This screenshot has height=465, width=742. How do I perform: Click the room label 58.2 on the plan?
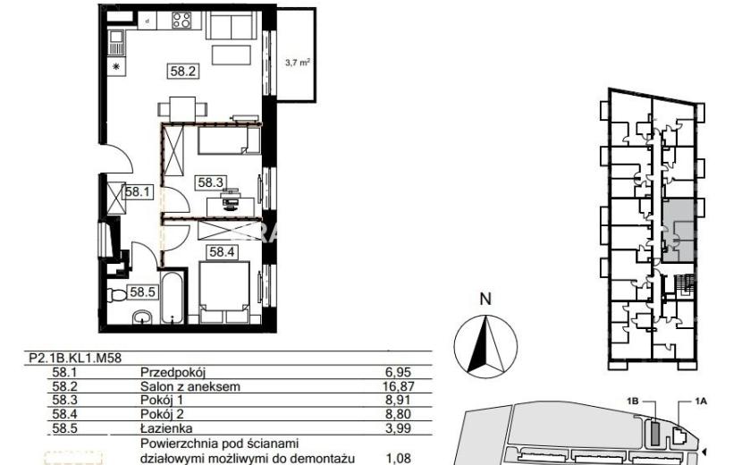click(x=183, y=72)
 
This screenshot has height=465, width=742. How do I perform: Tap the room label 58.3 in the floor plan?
click(x=210, y=182)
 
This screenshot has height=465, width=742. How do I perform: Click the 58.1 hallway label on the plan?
click(x=138, y=191)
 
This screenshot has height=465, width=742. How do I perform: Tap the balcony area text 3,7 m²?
click(x=298, y=62)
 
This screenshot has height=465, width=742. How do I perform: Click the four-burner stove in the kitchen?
click(x=181, y=20)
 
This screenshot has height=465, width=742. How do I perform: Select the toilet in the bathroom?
click(x=116, y=295)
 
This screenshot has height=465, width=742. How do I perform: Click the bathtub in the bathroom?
click(x=173, y=297)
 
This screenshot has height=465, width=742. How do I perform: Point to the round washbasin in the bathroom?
click(x=141, y=317)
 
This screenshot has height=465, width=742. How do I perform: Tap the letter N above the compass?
click(x=485, y=300)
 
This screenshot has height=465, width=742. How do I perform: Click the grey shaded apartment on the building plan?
click(x=679, y=231)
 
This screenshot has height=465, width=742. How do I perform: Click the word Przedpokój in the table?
click(x=173, y=373)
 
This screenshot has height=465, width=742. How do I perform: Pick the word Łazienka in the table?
click(x=166, y=428)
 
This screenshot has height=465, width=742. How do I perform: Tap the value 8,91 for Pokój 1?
click(x=398, y=400)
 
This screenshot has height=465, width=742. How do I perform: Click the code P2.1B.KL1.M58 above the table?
click(x=75, y=358)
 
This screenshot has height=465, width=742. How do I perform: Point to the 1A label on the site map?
click(x=701, y=402)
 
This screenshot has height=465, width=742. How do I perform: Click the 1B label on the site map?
click(x=633, y=402)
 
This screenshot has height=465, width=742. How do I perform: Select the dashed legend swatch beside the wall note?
click(x=74, y=459)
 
